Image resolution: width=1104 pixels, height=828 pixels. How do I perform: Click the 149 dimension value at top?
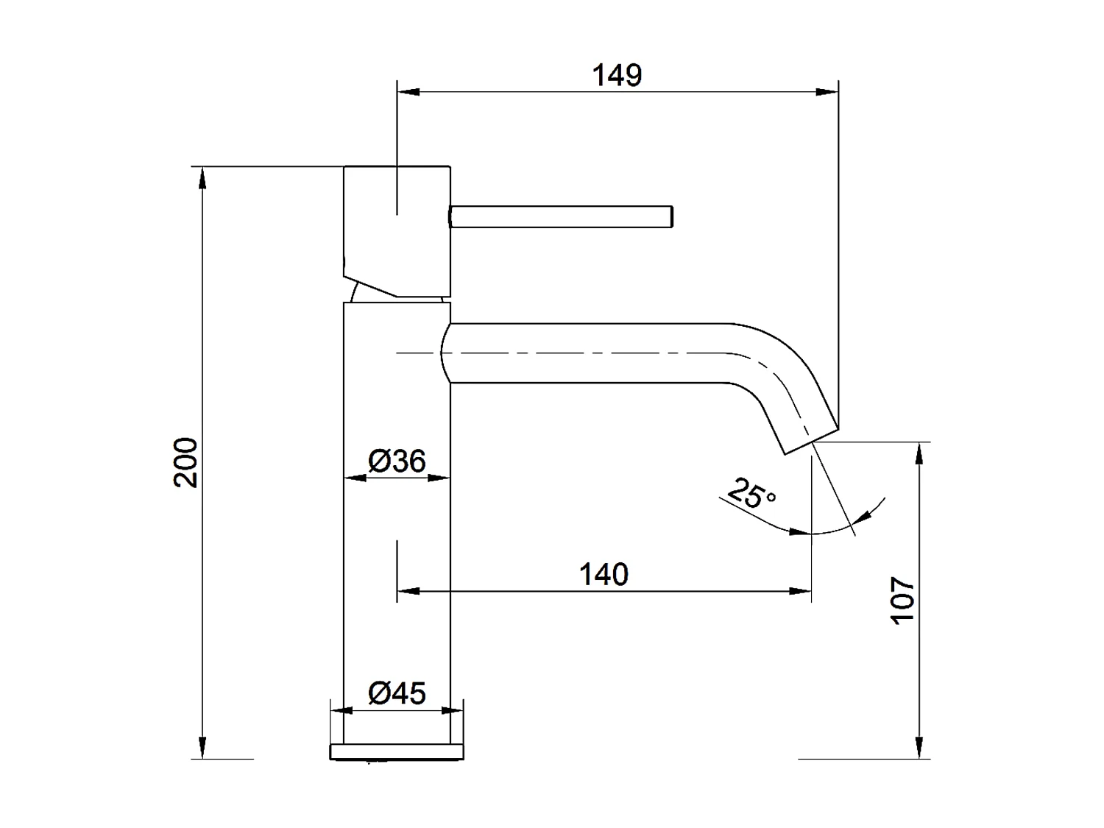point(617,75)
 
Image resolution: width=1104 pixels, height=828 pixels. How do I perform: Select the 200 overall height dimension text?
point(186,462)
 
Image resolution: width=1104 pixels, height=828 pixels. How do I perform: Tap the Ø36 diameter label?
point(397,461)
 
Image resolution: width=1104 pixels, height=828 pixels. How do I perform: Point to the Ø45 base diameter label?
point(397,693)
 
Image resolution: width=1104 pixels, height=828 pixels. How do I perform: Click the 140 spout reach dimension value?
point(604,574)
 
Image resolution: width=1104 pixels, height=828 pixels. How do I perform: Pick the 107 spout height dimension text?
point(902,601)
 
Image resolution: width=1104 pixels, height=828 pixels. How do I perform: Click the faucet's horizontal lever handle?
point(561,216)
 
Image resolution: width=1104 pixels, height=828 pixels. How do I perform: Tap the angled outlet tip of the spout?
point(810,439)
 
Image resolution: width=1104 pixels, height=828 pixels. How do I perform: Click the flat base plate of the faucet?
point(397,751)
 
